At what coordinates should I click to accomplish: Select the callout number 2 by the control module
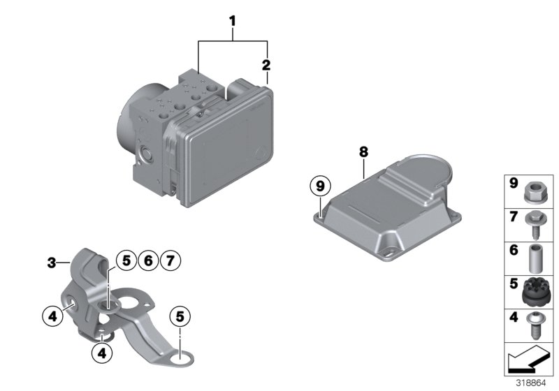[266, 65]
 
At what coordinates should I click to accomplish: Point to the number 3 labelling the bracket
[51, 263]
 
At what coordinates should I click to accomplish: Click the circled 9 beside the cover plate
[320, 186]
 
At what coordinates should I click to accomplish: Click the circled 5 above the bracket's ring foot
[180, 316]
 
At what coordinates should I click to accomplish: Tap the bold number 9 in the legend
[512, 184]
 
